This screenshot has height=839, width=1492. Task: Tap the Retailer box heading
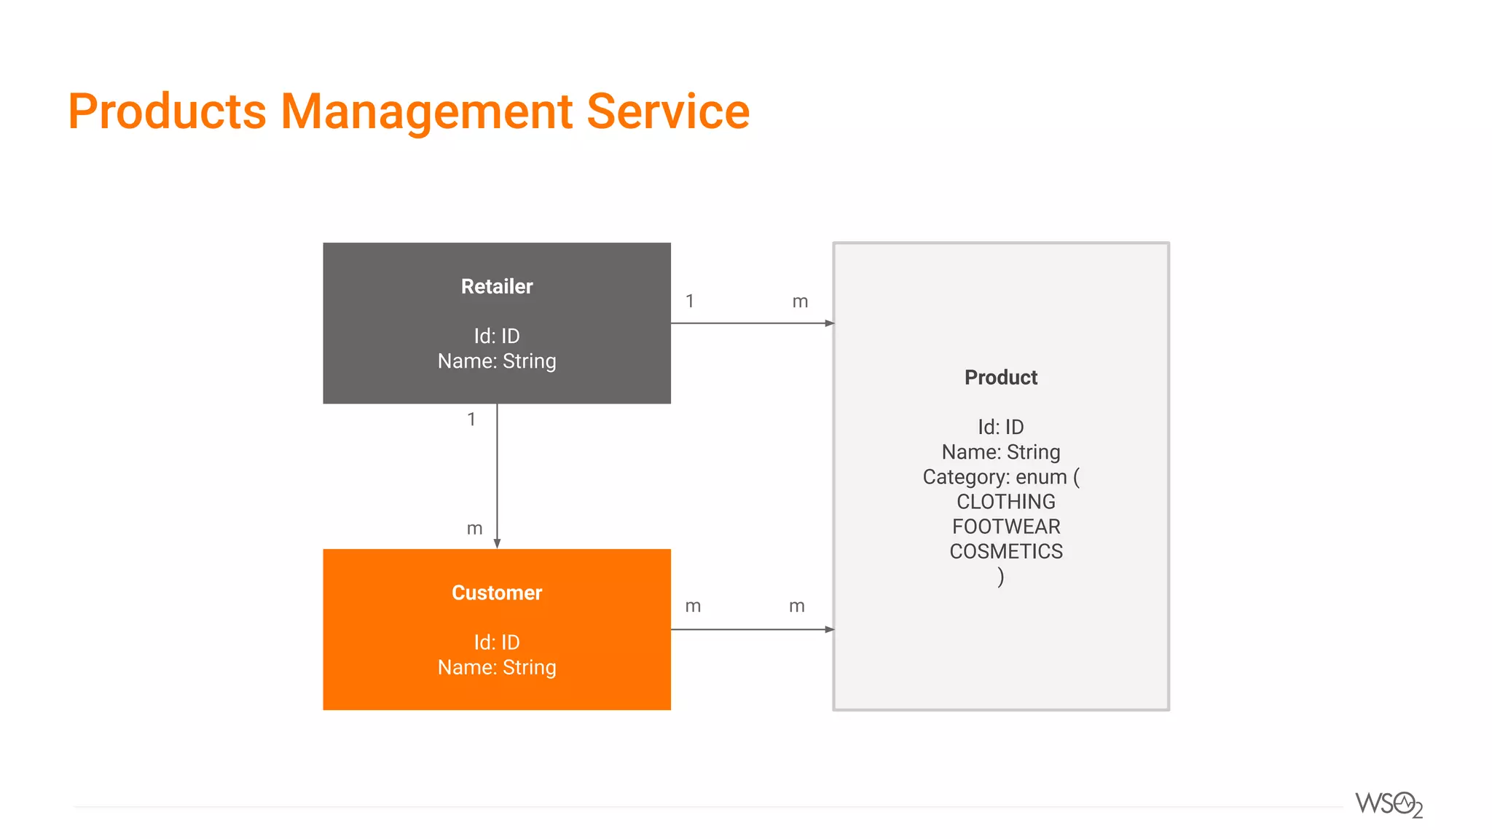pos(497,286)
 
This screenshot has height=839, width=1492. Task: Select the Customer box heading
pos(497,593)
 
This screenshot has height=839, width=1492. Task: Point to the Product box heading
pos(1001,377)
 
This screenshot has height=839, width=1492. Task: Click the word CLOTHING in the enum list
pos(1005,502)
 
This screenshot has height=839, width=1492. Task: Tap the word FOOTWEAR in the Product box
pos(1006,527)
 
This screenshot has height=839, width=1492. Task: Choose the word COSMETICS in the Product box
pos(1006,551)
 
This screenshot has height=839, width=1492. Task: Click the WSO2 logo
pos(1389,805)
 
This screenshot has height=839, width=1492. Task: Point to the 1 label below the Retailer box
pos(471,419)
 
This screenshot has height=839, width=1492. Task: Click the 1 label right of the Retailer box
pos(690,301)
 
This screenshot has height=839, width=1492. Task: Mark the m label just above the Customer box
pos(474,529)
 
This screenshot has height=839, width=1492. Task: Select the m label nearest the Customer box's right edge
pos(693,607)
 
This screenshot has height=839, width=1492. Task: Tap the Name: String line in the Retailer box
pos(497,361)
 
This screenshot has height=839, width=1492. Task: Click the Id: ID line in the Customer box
pos(497,642)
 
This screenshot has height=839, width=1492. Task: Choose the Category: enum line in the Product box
pos(1001,477)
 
